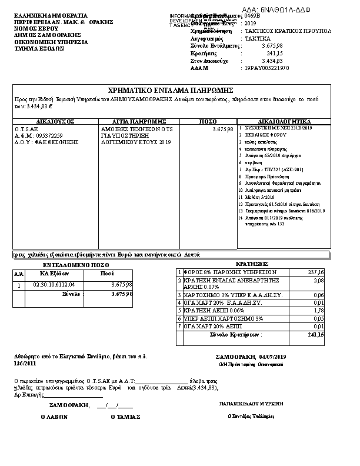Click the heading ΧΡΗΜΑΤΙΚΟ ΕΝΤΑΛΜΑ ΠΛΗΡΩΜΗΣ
click(171, 90)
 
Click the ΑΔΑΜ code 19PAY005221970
click(266, 68)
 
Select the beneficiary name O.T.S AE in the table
click(26, 128)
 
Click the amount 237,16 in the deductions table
click(316, 272)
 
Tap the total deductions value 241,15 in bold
click(316, 334)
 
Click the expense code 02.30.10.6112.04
click(54, 284)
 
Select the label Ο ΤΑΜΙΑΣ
click(125, 417)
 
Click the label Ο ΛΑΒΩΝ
click(54, 417)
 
